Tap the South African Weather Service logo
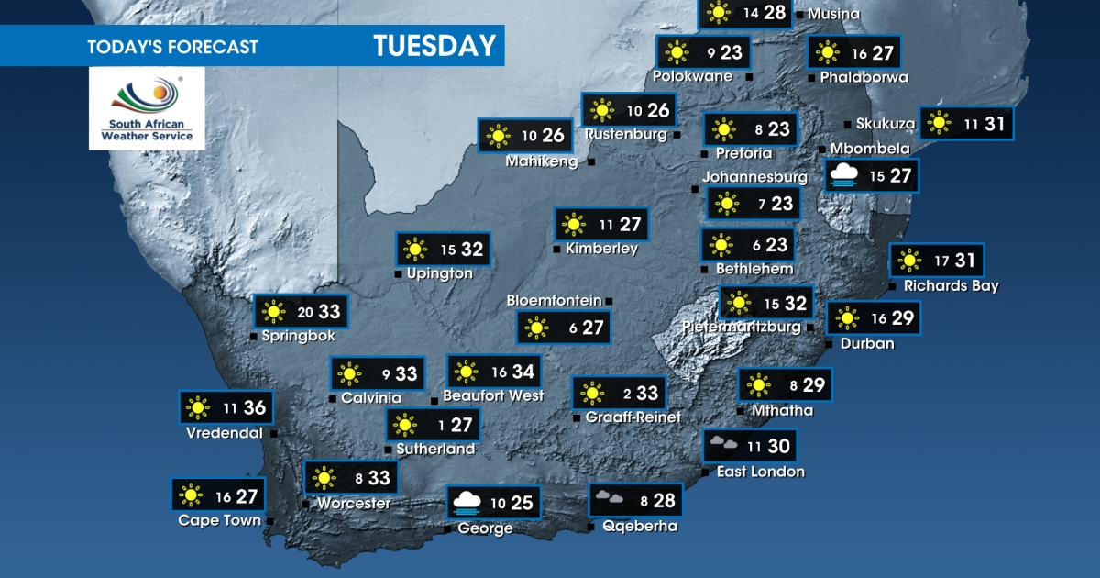147,108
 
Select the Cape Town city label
218,520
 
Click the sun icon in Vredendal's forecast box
195,407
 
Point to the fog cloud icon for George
467,503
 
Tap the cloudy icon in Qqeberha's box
608,500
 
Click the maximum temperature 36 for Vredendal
254,407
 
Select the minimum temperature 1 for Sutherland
441,425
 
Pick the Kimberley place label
601,248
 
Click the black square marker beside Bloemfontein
608,301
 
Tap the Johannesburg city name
754,177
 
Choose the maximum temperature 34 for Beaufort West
523,372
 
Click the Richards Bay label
951,285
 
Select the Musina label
833,14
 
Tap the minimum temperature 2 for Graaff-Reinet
627,394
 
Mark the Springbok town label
298,336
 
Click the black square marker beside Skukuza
847,124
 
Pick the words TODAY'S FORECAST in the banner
172,47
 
